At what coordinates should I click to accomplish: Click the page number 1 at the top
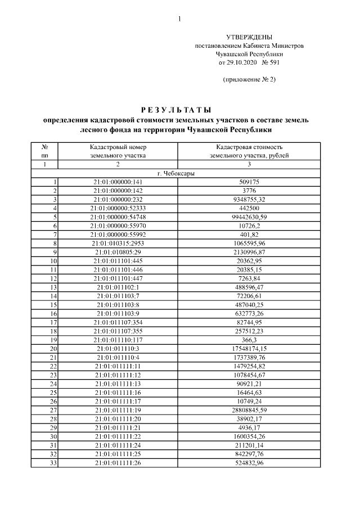[x=179, y=19]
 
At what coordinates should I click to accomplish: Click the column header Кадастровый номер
[x=118, y=147]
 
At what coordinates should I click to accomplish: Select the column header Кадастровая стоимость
[x=249, y=147]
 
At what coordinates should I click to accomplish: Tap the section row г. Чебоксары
[x=176, y=173]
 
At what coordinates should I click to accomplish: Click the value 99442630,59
[x=249, y=217]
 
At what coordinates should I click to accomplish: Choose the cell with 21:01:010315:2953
[x=118, y=244]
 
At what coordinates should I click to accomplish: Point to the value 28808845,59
[x=249, y=410]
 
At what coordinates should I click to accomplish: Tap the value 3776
[x=249, y=191]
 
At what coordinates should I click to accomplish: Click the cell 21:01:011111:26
[x=118, y=462]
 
